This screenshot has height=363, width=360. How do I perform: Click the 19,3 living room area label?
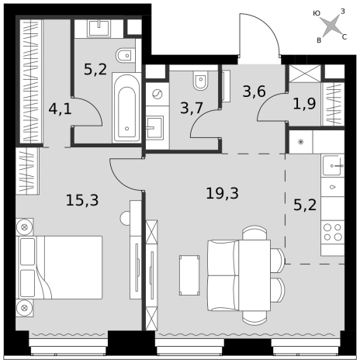tap(222, 193)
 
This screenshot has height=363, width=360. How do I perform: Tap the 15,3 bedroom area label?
tap(82, 200)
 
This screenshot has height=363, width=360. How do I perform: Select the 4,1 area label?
tap(60, 109)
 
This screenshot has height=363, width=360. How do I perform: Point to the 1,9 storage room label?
tap(304, 104)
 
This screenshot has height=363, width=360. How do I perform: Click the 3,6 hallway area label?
tap(254, 92)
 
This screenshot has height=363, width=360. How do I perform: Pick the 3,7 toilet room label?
tap(192, 108)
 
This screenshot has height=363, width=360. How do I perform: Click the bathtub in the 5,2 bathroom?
tap(126, 108)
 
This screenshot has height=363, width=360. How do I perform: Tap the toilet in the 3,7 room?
tap(201, 79)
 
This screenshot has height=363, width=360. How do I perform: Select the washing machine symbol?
tap(157, 94)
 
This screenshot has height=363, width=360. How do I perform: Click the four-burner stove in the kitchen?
tap(333, 232)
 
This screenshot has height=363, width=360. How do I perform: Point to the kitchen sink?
tap(333, 165)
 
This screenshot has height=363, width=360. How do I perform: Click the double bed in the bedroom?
tap(59, 268)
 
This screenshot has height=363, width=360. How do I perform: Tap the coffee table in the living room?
tap(189, 275)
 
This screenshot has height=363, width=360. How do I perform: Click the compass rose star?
tap(331, 26)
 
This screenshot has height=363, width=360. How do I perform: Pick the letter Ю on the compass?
tap(317, 13)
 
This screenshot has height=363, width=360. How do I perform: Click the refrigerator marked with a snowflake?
tap(301, 142)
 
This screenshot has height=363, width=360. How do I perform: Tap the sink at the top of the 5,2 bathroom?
tap(99, 29)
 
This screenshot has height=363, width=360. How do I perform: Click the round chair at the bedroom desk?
tap(125, 218)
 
